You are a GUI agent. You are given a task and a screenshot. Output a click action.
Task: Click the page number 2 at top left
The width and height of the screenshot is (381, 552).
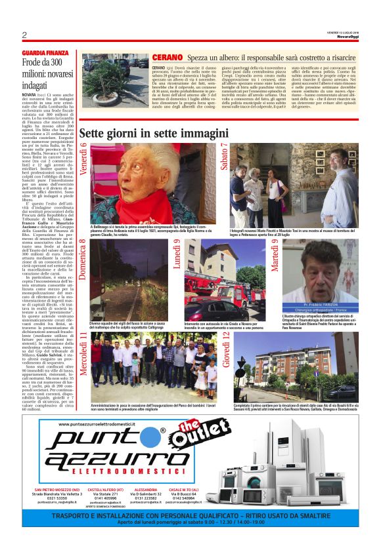tap(24, 35)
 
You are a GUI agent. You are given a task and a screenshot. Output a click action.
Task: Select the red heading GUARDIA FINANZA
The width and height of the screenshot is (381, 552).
tap(45, 52)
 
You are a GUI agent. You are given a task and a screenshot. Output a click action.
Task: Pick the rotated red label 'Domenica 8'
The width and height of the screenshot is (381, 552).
tap(84, 260)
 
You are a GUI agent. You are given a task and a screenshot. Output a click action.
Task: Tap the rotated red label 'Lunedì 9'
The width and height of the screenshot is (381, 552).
tap(177, 254)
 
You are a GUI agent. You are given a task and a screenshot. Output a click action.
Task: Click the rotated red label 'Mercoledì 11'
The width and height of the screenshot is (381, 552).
tap(84, 353)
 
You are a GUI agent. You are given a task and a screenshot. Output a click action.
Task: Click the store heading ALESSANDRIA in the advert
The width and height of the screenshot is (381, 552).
tap(145, 490)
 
